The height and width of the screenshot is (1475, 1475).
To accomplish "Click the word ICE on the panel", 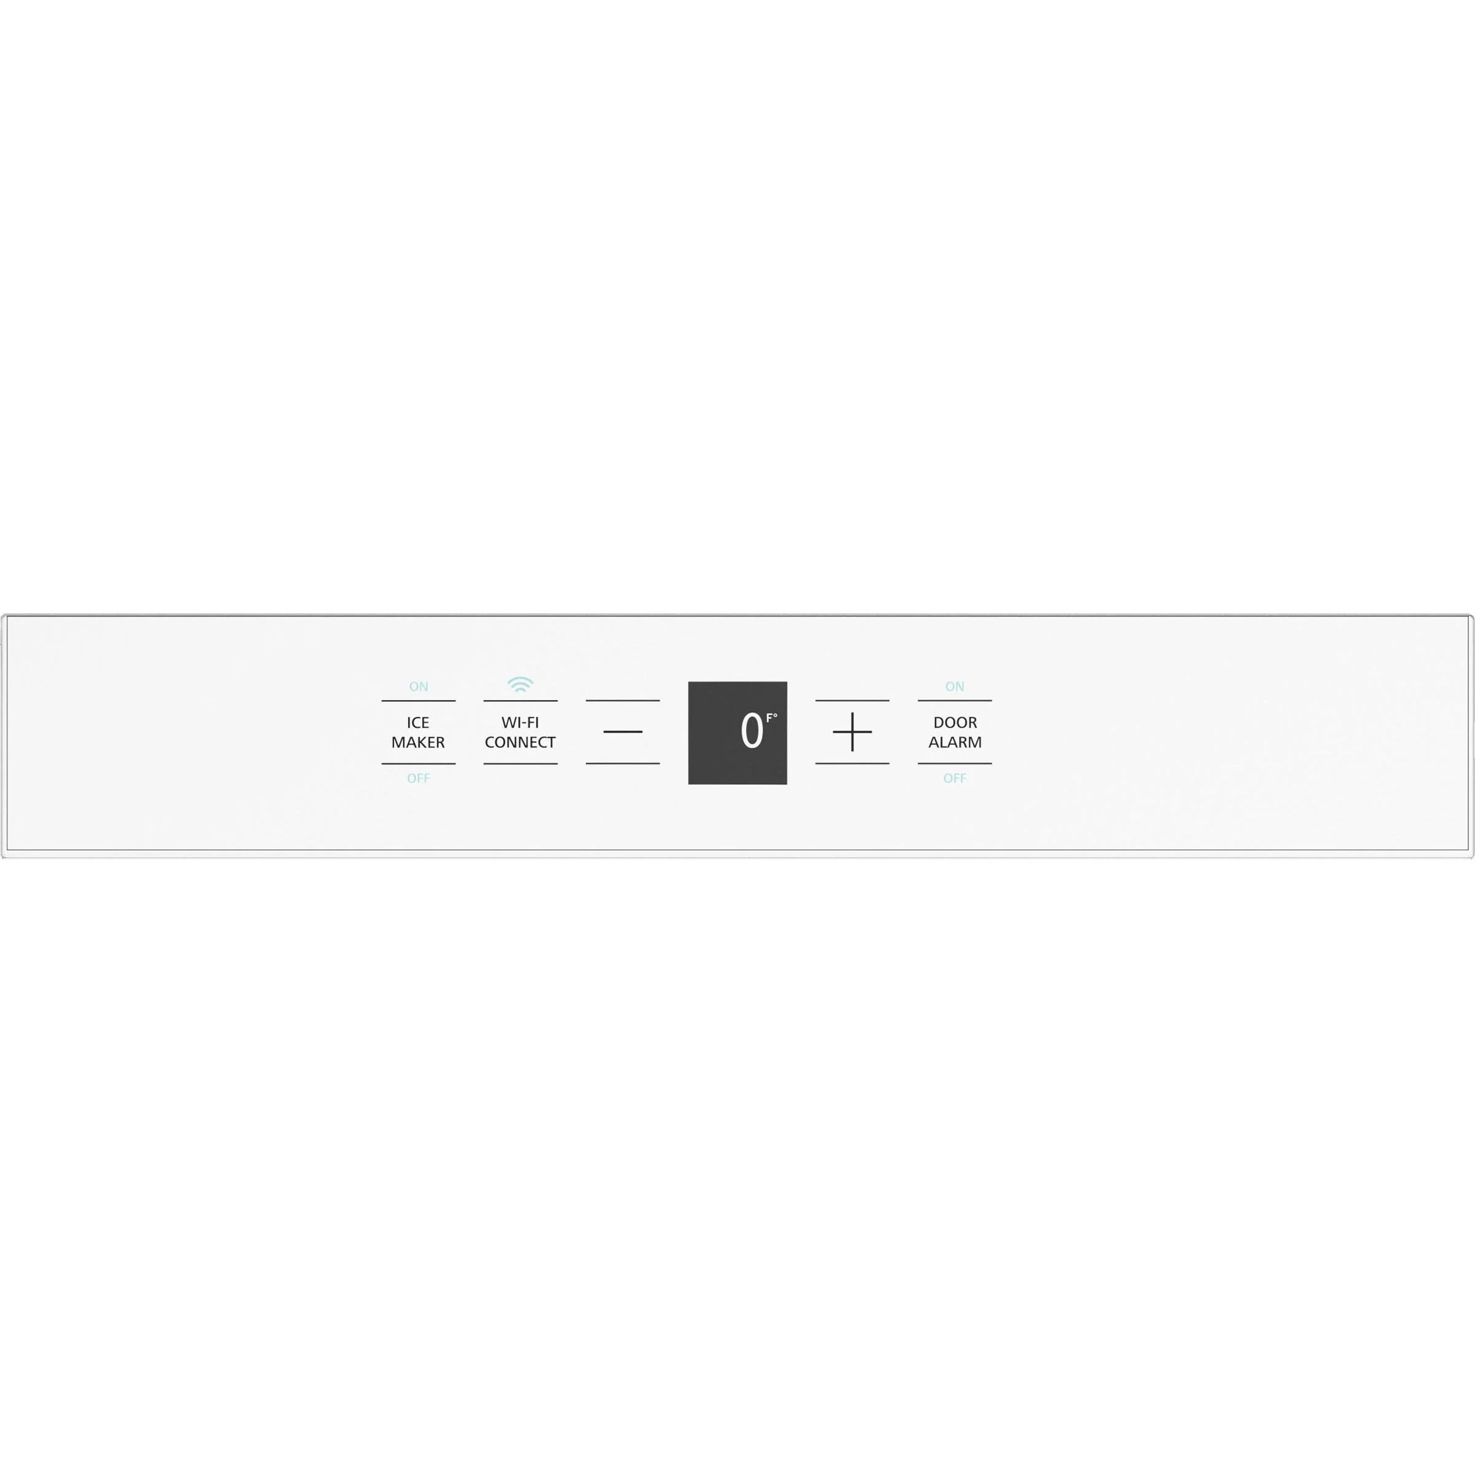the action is [418, 722].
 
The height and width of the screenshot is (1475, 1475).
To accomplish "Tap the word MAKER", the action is [418, 742].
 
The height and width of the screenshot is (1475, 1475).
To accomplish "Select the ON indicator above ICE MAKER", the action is [419, 686].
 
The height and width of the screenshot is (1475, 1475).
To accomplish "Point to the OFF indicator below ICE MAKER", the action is [419, 778].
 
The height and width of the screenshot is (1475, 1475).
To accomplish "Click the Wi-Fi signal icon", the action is [520, 684].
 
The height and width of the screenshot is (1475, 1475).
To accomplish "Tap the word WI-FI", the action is [520, 722].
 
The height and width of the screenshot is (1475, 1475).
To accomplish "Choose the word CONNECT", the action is [520, 742].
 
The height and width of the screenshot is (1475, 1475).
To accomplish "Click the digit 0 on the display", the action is [751, 731].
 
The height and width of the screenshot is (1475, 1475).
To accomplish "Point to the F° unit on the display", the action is [772, 718].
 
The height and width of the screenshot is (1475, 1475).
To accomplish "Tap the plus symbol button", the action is [852, 732].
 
